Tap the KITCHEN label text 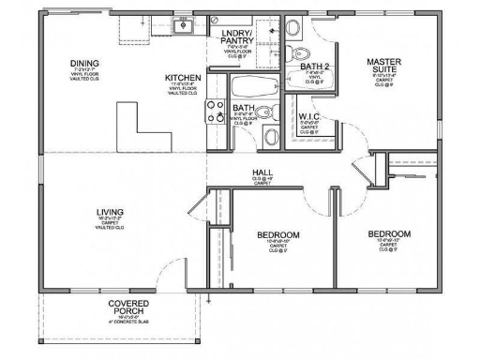182,78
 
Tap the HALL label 262,172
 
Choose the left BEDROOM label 277,233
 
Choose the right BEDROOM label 388,233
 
